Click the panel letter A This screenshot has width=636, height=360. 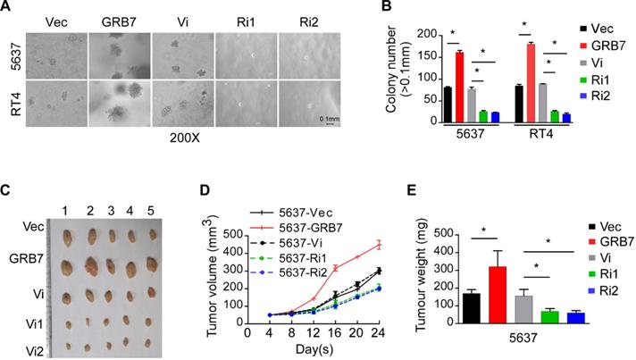tap(7, 8)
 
